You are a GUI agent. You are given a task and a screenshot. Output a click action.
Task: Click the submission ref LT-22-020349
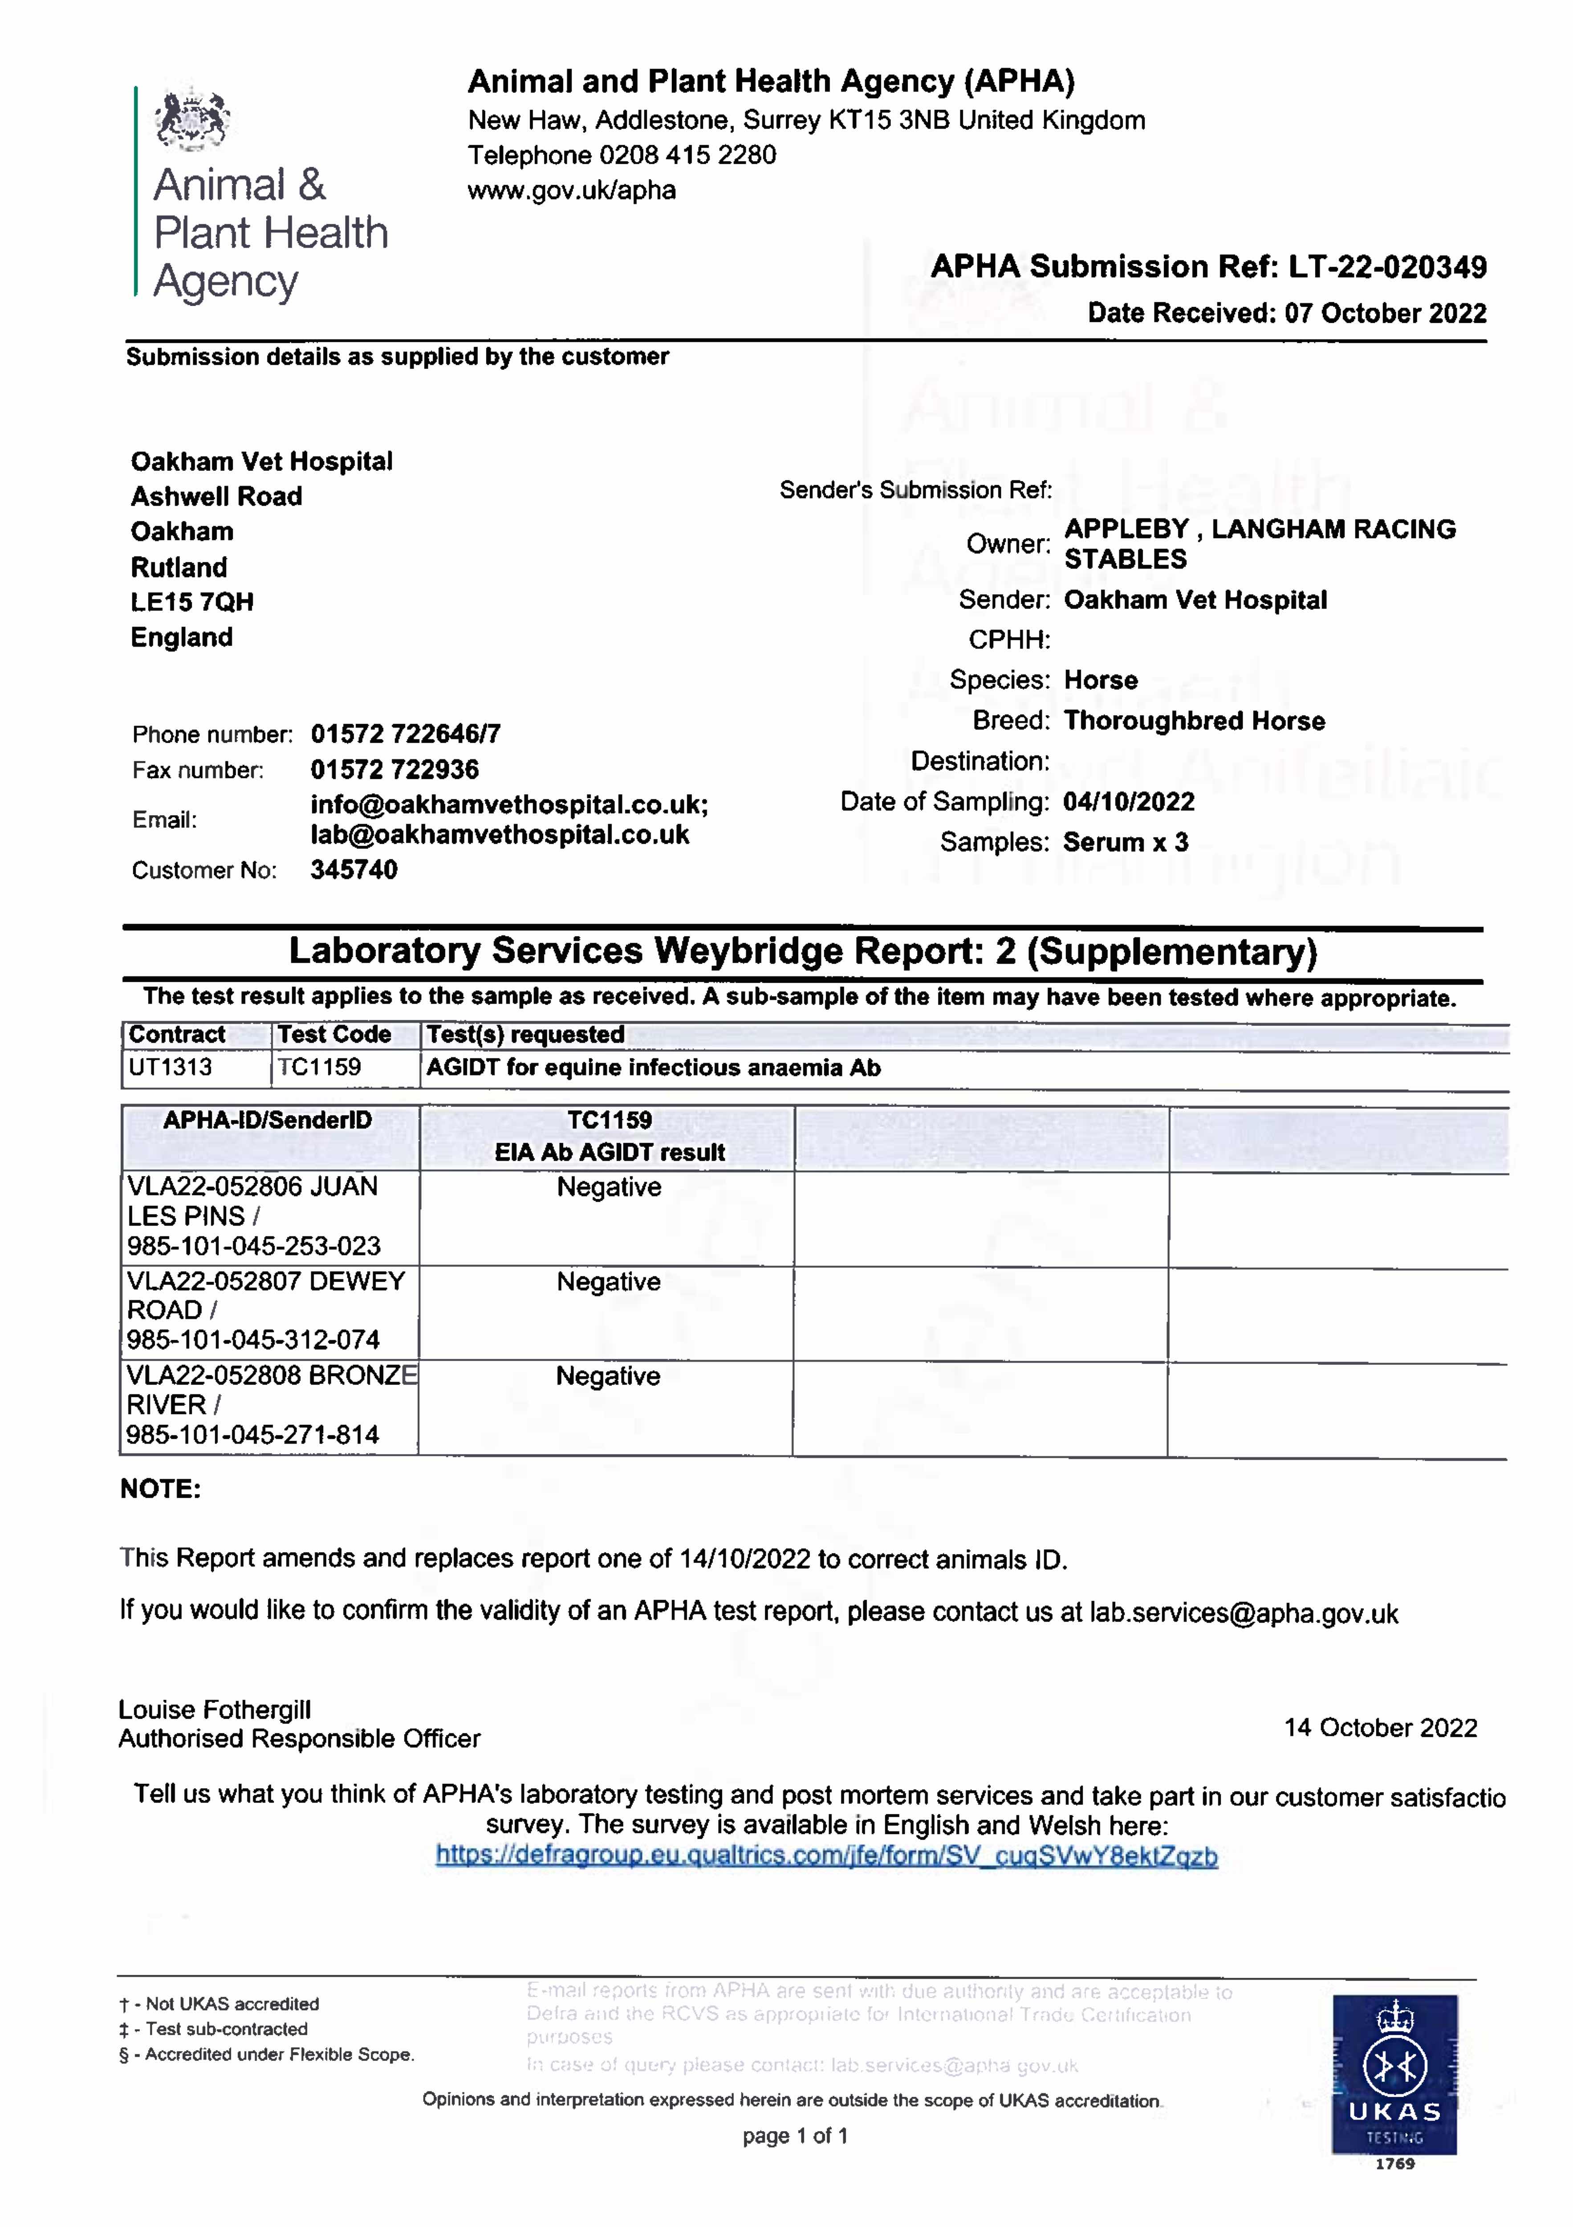tap(1387, 267)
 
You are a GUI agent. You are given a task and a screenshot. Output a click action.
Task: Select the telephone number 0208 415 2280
tap(687, 155)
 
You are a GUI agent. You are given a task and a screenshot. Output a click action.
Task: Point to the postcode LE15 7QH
tap(192, 602)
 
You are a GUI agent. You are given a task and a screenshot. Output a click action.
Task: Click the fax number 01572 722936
tap(395, 770)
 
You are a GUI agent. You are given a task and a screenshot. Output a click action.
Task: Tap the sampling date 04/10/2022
tap(1129, 802)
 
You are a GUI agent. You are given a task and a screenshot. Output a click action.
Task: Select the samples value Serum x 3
tap(1125, 842)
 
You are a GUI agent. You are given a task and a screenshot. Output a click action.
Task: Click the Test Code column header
tap(334, 1035)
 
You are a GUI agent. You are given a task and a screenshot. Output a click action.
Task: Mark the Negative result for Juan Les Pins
tap(609, 1187)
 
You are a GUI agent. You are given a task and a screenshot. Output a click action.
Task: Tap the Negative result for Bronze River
tap(608, 1376)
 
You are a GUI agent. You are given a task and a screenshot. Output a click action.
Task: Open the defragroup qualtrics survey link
tap(826, 1856)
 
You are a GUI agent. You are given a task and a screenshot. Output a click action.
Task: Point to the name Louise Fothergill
tap(214, 1710)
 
